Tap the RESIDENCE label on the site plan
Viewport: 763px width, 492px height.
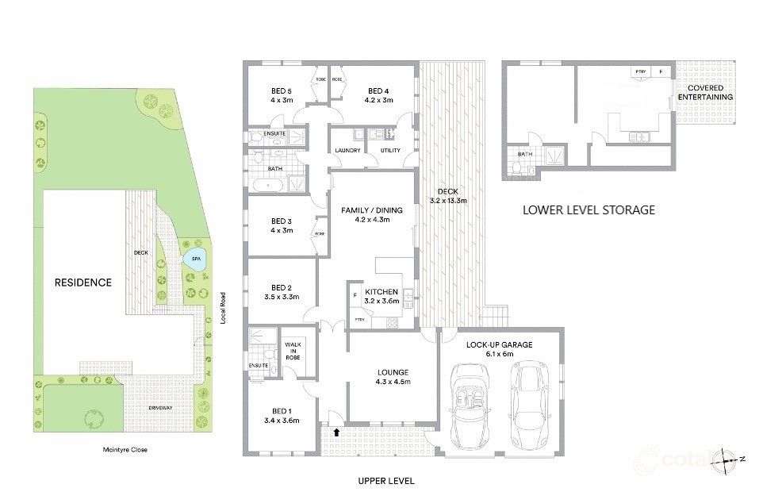[82, 282]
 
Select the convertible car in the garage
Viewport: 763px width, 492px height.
[472, 405]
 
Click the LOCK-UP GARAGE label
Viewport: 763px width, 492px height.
[499, 344]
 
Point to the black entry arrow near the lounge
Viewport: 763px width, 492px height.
[340, 432]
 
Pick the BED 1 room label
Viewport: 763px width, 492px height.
[282, 410]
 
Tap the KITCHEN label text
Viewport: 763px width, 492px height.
[381, 292]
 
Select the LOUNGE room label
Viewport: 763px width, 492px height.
[393, 372]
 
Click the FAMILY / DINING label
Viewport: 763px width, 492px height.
[372, 210]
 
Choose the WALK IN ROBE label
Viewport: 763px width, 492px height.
[293, 350]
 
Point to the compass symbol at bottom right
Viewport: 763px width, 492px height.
[729, 459]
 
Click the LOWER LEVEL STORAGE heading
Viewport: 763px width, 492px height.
[588, 210]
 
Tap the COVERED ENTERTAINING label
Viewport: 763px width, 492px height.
[711, 92]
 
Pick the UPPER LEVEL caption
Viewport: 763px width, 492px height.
[385, 481]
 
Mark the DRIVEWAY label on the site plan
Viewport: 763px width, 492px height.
[160, 407]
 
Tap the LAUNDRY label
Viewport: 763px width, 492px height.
[348, 151]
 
